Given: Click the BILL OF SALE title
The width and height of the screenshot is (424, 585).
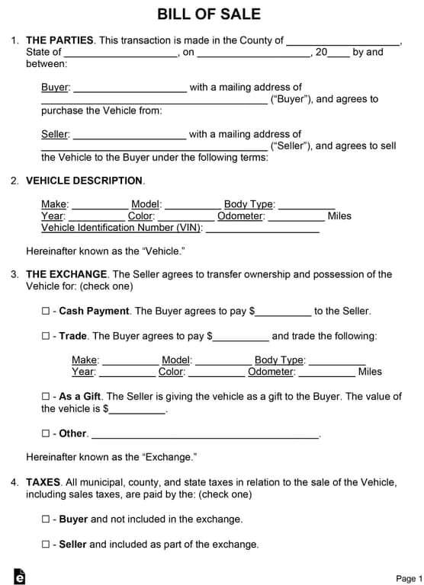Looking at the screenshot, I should [x=209, y=14].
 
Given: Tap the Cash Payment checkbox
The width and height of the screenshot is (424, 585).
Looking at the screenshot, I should [x=46, y=311].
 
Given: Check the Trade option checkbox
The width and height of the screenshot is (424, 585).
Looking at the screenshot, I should [x=46, y=336].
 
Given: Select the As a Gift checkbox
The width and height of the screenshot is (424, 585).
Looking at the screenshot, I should [x=46, y=397].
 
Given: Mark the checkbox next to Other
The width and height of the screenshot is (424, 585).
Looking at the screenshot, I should [x=46, y=433].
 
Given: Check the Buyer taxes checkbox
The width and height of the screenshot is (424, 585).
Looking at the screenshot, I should [x=46, y=519].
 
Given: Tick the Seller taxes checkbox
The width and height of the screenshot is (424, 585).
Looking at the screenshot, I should [x=46, y=545].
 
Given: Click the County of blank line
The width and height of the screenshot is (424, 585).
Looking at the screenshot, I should [x=343, y=42].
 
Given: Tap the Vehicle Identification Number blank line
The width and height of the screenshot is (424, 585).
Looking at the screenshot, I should [x=262, y=229].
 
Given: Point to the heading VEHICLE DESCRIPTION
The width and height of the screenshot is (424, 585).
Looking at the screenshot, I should [x=84, y=181].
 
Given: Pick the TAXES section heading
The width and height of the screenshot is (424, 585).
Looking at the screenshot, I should [x=43, y=482].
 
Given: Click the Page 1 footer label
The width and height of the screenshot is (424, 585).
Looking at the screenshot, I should [x=409, y=579].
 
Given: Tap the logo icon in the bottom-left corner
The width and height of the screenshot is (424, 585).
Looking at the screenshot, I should [x=20, y=577].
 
